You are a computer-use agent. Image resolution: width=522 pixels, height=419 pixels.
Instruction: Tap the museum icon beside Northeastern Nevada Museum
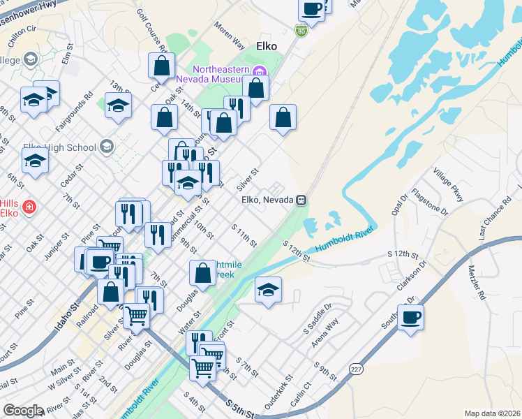click(260, 71)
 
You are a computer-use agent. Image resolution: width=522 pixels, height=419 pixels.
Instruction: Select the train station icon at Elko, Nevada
click(301, 200)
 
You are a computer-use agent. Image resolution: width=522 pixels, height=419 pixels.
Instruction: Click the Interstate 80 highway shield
click(300, 31)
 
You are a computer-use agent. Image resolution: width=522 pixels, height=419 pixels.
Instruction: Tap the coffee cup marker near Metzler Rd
click(410, 318)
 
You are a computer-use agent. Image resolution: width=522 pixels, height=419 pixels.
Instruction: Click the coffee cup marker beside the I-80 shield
click(311, 9)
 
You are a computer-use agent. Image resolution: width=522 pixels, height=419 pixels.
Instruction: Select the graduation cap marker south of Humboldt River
click(268, 290)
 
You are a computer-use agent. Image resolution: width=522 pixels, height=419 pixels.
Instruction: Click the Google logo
click(23, 411)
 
